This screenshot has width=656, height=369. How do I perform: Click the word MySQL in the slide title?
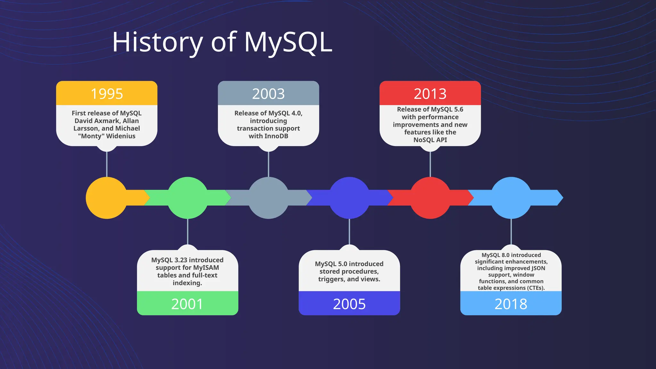[x=288, y=42]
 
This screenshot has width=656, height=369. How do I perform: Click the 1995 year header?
[x=107, y=94]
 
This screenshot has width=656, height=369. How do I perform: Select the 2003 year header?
[x=268, y=94]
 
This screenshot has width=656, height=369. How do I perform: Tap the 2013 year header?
[x=430, y=94]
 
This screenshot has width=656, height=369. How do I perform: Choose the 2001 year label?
[x=187, y=304]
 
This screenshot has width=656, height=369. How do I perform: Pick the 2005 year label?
[x=349, y=304]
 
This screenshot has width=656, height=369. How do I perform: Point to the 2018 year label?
[x=511, y=304]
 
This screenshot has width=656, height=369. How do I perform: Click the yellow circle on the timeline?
[x=107, y=198]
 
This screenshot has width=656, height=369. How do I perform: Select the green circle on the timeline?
[x=187, y=198]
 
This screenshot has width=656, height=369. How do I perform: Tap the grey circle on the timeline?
[x=268, y=198]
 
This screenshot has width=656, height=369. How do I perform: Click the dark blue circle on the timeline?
[x=349, y=198]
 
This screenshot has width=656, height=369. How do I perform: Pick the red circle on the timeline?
[x=430, y=198]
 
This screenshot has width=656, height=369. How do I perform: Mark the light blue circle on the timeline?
[x=511, y=198]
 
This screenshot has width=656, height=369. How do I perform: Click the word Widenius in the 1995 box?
[x=121, y=136]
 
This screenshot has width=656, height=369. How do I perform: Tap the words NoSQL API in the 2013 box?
[x=430, y=140]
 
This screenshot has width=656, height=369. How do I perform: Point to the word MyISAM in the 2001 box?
[x=206, y=268]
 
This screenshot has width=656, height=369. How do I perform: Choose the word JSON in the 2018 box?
[x=538, y=268]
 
